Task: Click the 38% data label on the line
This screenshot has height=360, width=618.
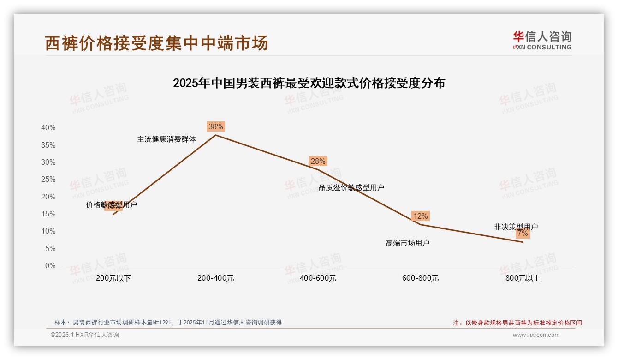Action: [x=215, y=126]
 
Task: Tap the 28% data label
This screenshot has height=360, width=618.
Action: [x=318, y=161]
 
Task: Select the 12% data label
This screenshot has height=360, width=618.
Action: [x=420, y=216]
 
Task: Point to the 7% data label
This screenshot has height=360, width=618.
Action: [x=523, y=234]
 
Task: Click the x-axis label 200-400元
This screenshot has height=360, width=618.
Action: [x=215, y=278]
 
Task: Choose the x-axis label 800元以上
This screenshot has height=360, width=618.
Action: [x=523, y=278]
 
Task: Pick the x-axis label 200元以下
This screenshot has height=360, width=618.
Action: [x=113, y=278]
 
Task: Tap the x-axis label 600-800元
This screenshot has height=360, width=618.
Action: [x=420, y=278]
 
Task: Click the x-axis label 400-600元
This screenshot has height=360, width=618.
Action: [x=318, y=278]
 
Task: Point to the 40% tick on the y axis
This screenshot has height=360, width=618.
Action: [x=48, y=128]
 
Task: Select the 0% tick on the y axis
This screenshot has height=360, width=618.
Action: [x=50, y=266]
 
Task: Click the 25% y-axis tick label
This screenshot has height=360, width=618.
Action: [x=48, y=180]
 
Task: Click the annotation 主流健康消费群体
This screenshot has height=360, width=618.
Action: [x=166, y=139]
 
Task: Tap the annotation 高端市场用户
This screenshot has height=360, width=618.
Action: [x=407, y=243]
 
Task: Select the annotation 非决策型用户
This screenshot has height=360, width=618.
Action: [x=516, y=227]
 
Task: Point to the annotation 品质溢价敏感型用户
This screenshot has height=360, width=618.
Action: [x=351, y=187]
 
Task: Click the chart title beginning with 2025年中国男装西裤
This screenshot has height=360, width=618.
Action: [x=309, y=83]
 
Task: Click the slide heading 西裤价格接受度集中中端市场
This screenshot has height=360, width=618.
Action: [x=156, y=43]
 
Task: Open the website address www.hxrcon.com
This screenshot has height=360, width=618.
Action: [x=536, y=335]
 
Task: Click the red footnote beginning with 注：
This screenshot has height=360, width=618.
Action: [x=517, y=323]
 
